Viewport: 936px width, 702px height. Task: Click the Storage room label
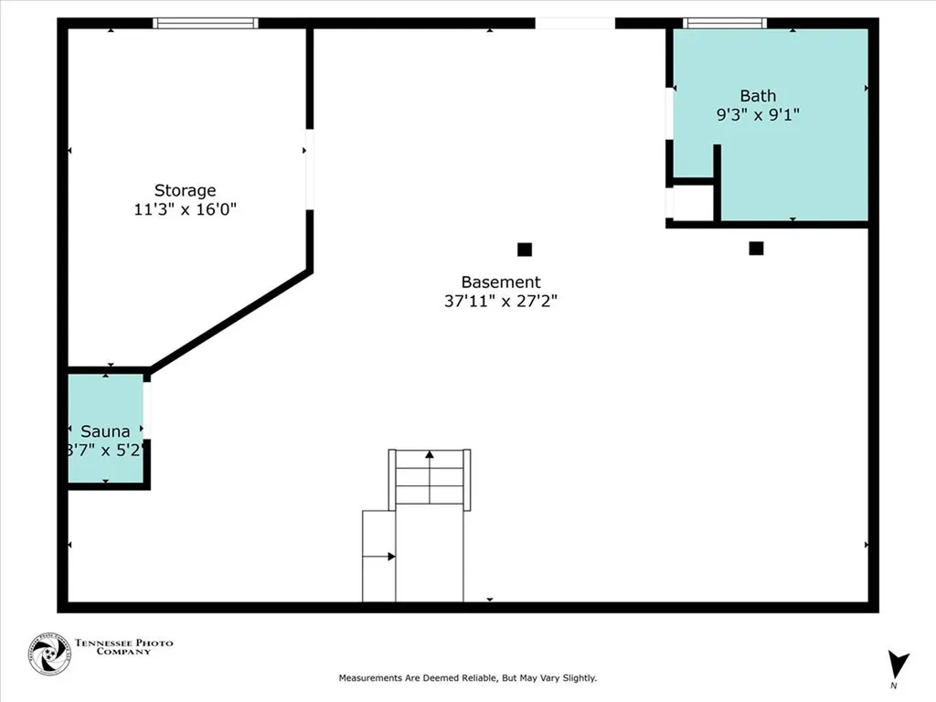point(185,190)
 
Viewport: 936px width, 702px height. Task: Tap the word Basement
point(500,282)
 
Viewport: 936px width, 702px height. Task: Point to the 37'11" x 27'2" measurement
point(500,301)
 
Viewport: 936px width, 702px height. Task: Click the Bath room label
point(758,96)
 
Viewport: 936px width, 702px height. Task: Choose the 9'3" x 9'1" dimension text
point(758,114)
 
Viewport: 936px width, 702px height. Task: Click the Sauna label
point(105,431)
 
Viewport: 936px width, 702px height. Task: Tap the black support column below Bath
point(756,248)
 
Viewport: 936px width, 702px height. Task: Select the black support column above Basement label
point(525,249)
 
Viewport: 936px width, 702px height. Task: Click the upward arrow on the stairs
point(430,454)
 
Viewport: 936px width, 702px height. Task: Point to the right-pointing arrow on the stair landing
point(390,556)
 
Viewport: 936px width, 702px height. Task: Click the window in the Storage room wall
point(206,23)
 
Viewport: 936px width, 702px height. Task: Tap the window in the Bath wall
point(725,23)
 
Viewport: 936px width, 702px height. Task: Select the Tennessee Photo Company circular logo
point(49,654)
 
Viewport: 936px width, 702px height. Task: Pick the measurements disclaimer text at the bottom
point(467,678)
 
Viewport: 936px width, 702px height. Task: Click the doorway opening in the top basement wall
point(575,23)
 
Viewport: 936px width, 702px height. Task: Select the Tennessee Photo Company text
point(123,647)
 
